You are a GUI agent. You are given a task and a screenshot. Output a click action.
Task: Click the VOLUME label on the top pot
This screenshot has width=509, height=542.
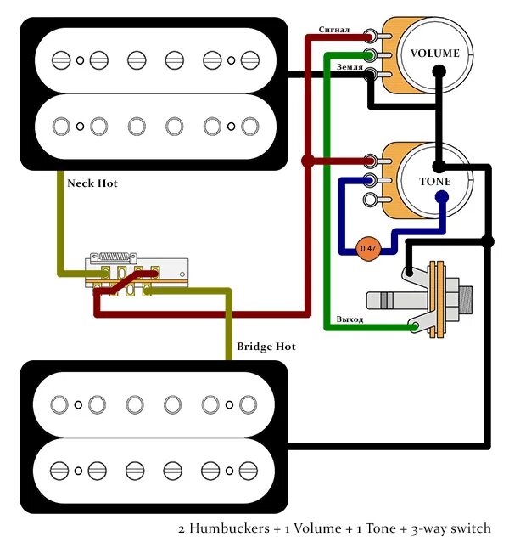[434, 54]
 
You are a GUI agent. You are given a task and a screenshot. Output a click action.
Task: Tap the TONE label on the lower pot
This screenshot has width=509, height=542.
[434, 182]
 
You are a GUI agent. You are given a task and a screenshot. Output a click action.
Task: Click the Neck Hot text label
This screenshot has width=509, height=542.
[91, 183]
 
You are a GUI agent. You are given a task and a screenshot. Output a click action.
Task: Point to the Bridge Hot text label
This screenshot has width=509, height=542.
[266, 347]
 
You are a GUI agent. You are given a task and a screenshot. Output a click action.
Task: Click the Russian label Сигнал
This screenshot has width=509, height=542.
[334, 30]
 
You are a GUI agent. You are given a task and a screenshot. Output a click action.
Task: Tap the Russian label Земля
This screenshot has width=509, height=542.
[350, 65]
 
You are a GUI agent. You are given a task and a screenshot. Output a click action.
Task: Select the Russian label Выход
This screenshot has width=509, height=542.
[350, 319]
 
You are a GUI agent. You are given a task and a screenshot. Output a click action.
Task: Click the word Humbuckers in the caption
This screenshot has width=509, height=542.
[234, 528]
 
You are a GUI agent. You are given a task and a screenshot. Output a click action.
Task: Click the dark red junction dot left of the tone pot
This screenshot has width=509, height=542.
[307, 160]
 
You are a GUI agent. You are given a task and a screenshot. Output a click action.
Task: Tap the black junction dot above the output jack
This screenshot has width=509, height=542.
[487, 241]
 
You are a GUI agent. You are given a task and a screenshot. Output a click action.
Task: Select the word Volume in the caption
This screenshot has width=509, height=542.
[315, 528]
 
